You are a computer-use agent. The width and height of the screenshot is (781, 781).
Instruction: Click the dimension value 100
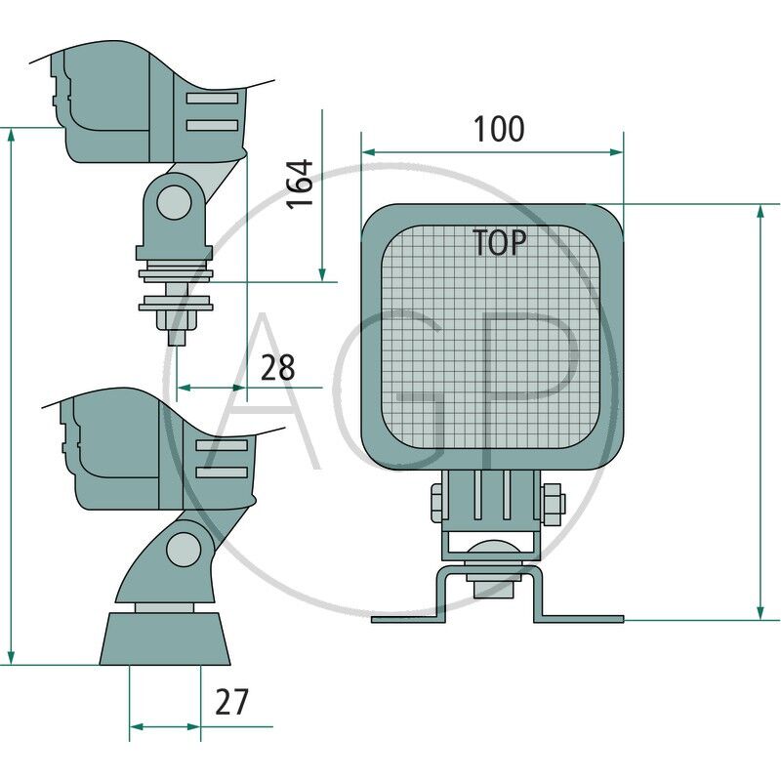coord(499,129)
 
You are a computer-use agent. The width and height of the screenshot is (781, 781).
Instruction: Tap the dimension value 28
coord(277,367)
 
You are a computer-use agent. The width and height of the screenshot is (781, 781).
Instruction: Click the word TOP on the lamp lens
coord(500,243)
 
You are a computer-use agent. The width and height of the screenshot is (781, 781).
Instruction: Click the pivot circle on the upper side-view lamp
coord(175,202)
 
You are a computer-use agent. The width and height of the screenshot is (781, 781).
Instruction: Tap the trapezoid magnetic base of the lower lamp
coord(165,639)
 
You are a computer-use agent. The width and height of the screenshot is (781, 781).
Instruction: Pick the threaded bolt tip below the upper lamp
coord(177,336)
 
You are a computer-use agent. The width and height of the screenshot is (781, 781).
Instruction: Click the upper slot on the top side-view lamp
coord(212,100)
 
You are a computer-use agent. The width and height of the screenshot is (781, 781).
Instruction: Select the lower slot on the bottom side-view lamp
coord(222,473)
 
